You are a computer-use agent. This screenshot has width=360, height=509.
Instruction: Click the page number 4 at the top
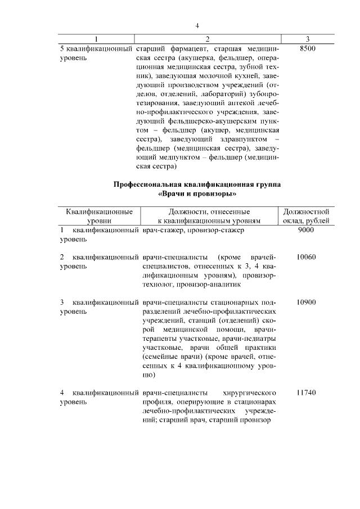click(x=197, y=25)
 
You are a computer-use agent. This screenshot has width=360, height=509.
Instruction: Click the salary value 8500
click(x=308, y=49)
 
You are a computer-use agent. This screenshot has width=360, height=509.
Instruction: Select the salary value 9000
click(x=307, y=230)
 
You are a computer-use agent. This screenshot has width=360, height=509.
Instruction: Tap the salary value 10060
click(x=307, y=257)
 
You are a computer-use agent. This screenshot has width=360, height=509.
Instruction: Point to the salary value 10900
click(x=307, y=302)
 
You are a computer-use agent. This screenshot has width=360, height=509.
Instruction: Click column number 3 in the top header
click(x=307, y=39)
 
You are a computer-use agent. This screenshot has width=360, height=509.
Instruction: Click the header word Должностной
click(x=306, y=212)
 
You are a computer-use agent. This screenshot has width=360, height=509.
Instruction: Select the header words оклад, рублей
click(x=306, y=222)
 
